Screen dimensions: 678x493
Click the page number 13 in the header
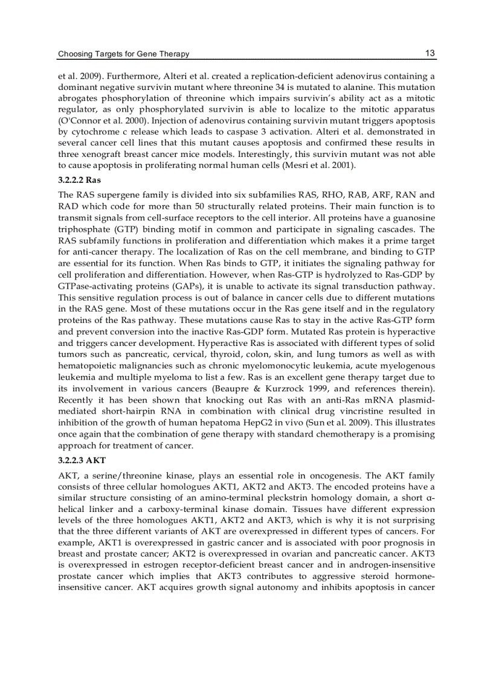(430, 53)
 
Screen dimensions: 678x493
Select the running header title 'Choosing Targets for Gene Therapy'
(123, 54)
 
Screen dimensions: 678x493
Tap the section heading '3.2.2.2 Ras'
(79, 179)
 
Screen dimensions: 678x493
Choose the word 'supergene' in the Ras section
(120, 194)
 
